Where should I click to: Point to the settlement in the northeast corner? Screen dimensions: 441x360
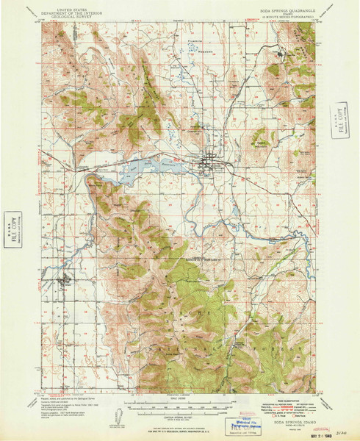tap(282, 53)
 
